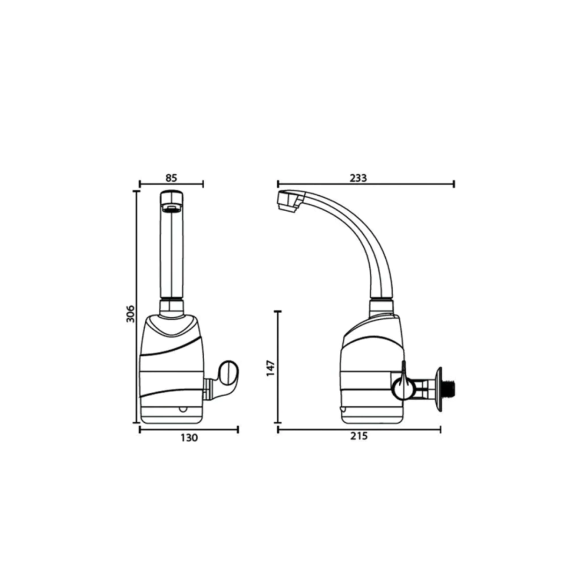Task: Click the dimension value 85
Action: [x=171, y=178]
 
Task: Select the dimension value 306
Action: [x=130, y=313]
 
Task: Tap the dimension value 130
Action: [x=190, y=438]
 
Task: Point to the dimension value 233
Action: [x=359, y=178]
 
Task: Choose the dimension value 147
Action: [x=271, y=368]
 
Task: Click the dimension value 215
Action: [x=359, y=436]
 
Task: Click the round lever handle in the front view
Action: [x=229, y=371]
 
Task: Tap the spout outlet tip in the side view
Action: [x=288, y=202]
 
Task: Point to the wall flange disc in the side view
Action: [x=440, y=389]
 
